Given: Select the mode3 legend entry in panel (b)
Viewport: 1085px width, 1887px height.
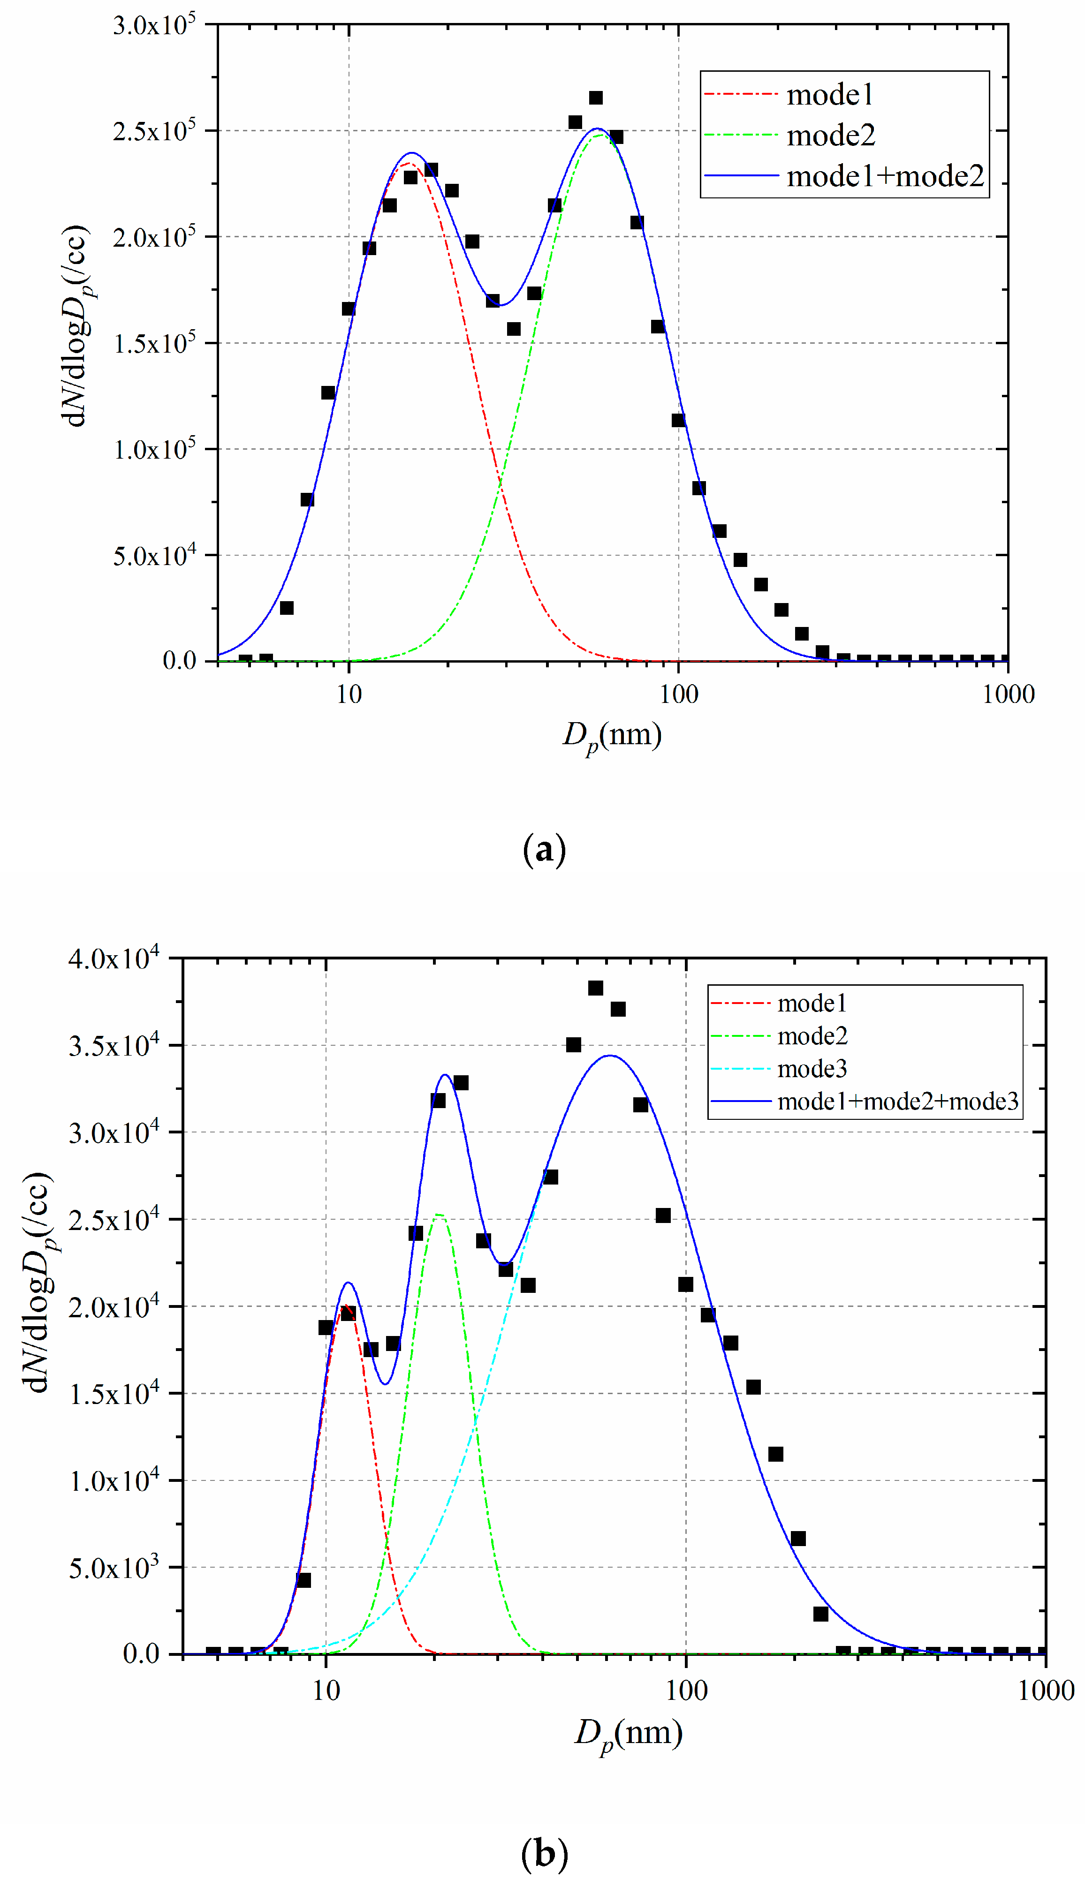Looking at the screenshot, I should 812,1069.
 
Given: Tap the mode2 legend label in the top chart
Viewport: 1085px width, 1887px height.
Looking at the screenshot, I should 830,136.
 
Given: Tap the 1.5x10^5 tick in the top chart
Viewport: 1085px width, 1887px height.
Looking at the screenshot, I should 154,343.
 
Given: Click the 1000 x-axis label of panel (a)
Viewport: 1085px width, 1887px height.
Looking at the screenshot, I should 1008,694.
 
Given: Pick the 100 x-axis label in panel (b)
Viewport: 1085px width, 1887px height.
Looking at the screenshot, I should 686,1691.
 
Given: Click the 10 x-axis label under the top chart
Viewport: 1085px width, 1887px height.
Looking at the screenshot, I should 349,694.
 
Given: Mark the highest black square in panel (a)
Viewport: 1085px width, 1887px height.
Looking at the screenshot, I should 595,98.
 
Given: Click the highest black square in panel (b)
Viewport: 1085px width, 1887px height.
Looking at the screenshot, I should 595,988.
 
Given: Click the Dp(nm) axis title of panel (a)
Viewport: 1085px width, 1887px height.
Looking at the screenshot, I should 612,736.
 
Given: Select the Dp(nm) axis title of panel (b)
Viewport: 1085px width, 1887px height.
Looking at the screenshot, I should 628,1733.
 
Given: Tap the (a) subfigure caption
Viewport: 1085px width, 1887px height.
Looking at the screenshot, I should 544,849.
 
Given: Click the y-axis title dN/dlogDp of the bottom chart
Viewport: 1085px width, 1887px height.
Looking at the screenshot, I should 37,1281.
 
